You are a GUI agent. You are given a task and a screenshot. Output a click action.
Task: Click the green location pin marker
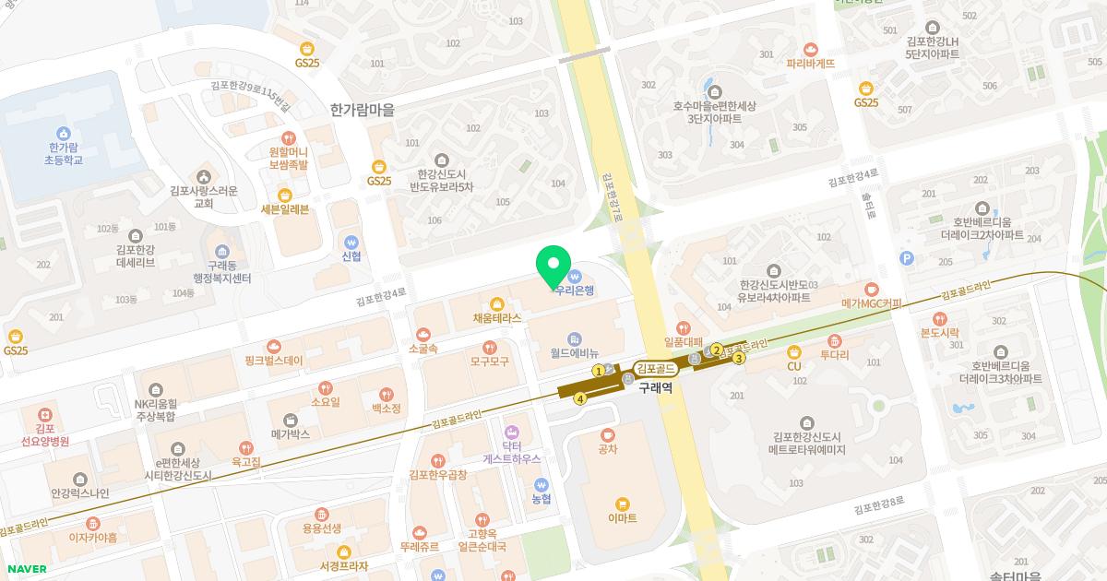click(553, 266)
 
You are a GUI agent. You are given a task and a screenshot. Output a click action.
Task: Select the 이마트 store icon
click(623, 503)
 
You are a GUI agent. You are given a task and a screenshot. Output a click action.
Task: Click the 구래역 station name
click(655, 388)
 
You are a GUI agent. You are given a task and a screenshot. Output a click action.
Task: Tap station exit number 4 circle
click(580, 399)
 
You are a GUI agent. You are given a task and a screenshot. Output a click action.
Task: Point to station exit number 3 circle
click(739, 359)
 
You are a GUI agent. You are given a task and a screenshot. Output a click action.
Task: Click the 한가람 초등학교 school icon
click(64, 134)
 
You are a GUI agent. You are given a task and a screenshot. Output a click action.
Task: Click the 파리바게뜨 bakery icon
click(811, 49)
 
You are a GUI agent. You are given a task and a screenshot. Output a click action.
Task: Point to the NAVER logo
click(25, 568)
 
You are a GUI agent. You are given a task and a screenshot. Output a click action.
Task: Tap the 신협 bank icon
click(351, 240)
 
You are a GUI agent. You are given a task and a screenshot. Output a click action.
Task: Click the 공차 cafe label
click(607, 449)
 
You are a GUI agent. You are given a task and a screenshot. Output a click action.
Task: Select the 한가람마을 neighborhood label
click(362, 109)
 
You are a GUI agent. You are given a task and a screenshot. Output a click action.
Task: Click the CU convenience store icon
click(793, 351)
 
